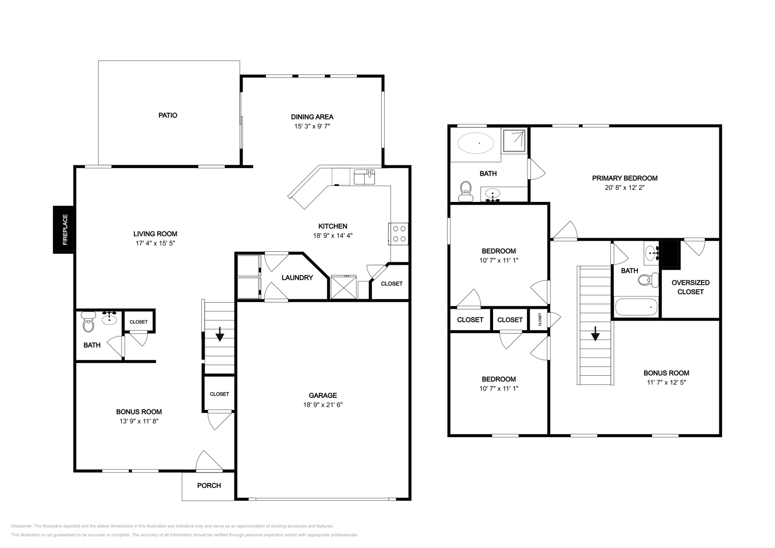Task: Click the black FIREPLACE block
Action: tap(64, 229)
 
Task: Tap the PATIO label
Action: tap(168, 115)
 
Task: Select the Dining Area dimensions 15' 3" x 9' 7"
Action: tap(312, 126)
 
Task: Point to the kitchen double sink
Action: tap(364, 177)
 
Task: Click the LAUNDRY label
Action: tap(297, 277)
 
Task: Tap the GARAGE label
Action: tap(323, 395)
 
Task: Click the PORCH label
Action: tap(209, 485)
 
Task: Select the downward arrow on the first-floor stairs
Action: tap(219, 334)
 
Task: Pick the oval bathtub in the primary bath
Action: tap(476, 143)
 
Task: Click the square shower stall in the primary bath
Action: tap(513, 140)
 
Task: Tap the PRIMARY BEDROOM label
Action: tap(624, 178)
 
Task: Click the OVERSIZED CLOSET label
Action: tap(690, 287)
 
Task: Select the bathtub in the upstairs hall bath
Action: tap(636, 306)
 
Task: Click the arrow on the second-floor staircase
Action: tap(595, 334)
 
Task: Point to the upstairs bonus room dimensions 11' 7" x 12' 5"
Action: tap(666, 382)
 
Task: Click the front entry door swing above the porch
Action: tap(208, 461)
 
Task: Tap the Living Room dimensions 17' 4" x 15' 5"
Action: tap(155, 244)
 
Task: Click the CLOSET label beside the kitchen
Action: tap(391, 284)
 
